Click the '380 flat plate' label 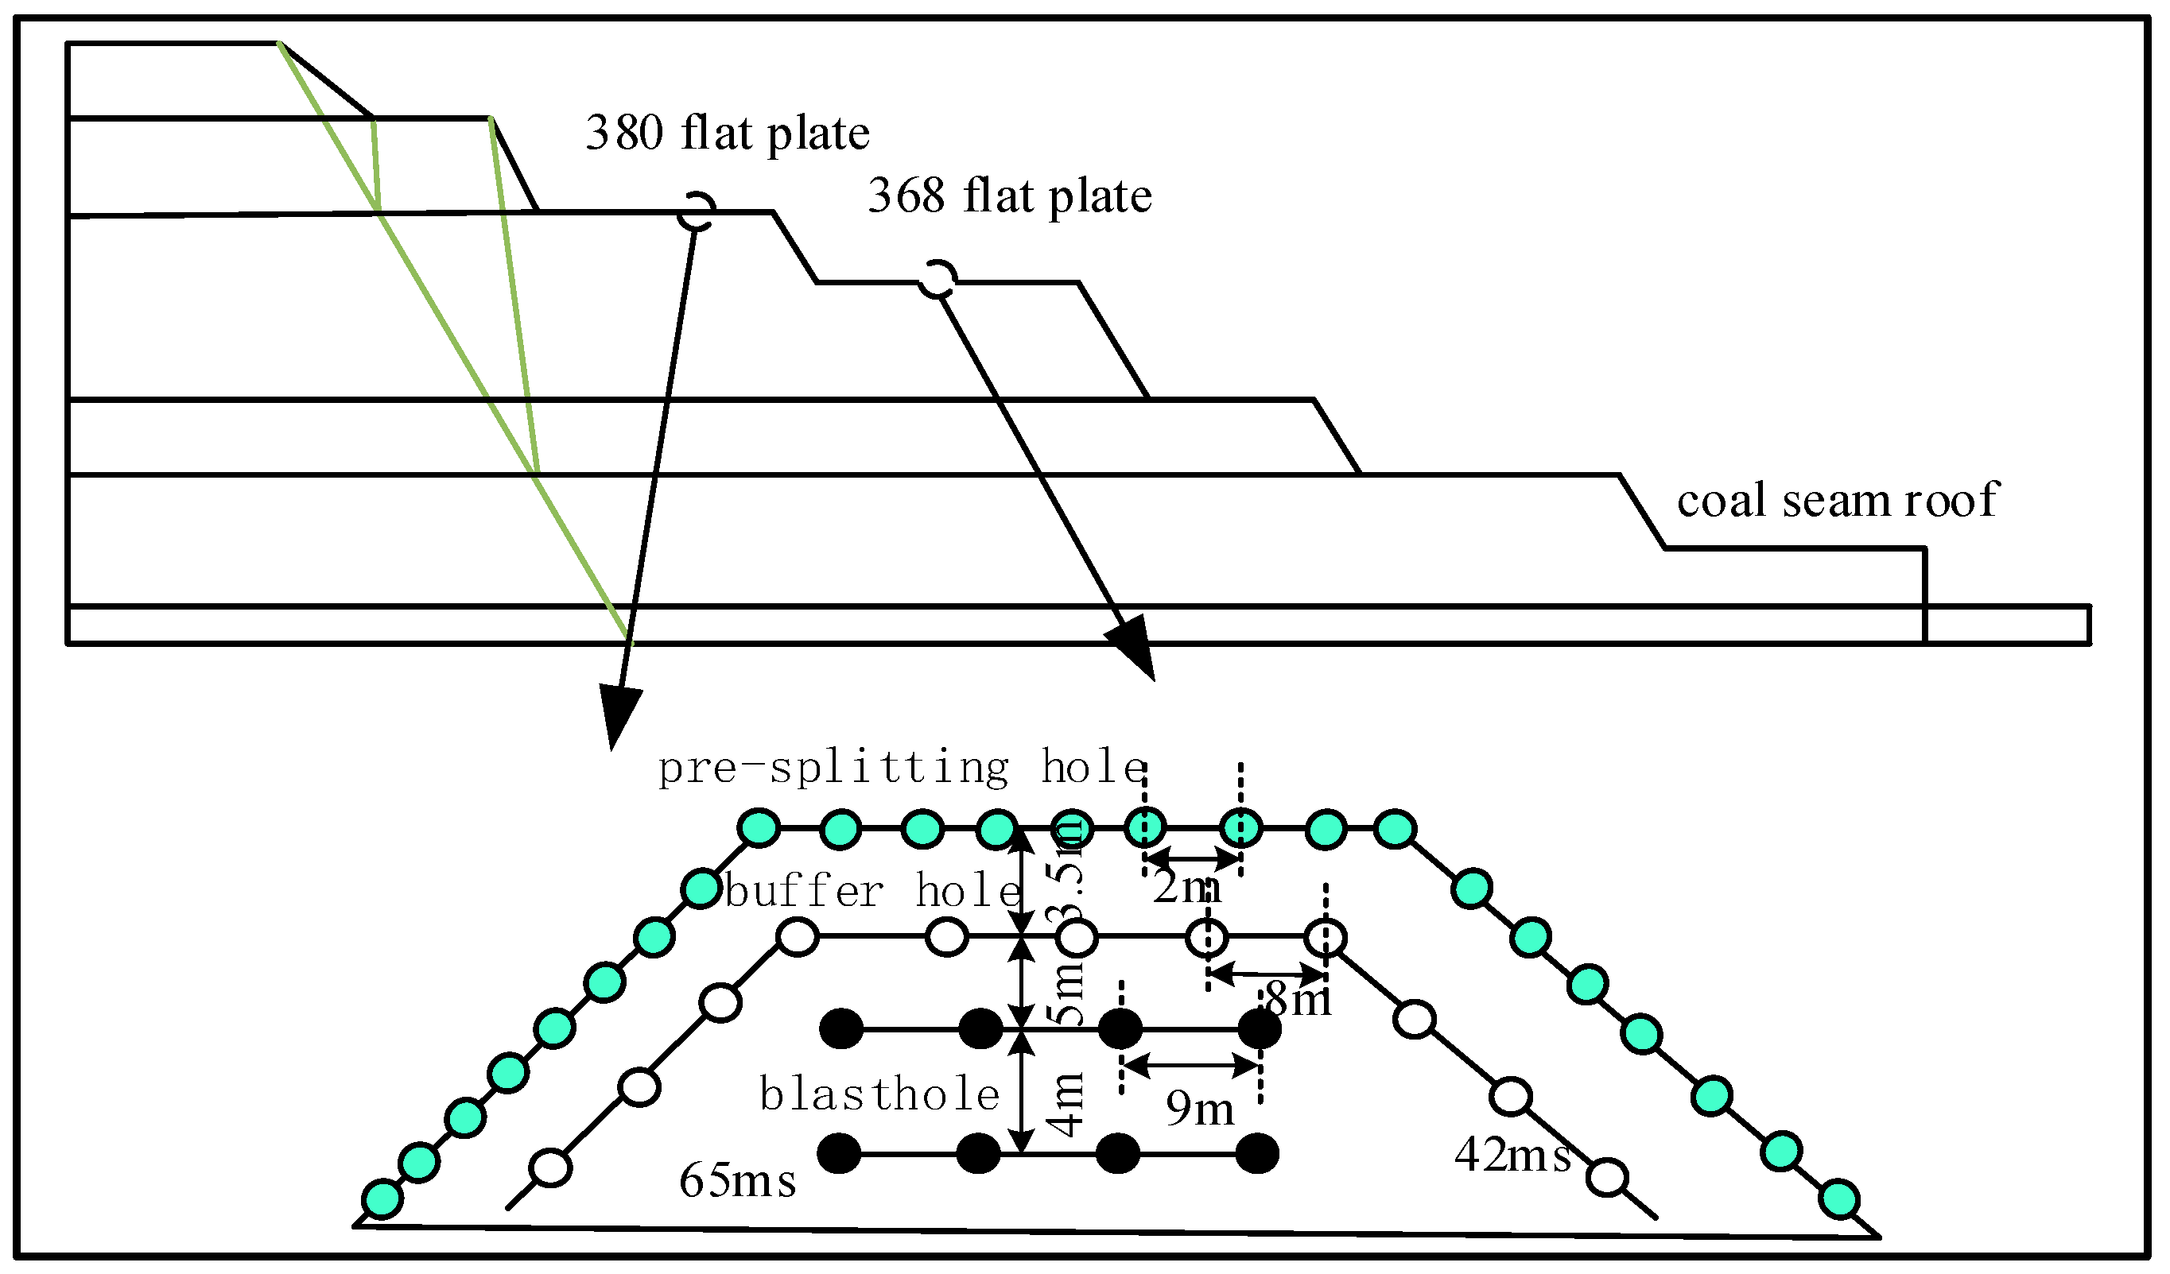(x=728, y=134)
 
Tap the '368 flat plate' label (x=1009, y=196)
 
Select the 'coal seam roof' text (x=1837, y=500)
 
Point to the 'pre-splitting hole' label (x=902, y=768)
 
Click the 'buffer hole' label (x=872, y=891)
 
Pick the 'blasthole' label (x=879, y=1096)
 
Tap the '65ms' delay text (x=737, y=1181)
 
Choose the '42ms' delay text (x=1513, y=1156)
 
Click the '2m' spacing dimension (x=1186, y=888)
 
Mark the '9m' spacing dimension (x=1201, y=1109)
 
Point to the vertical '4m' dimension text (x=1069, y=1107)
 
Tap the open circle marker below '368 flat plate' (x=937, y=279)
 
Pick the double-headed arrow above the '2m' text (x=1193, y=858)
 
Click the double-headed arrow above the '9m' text (x=1193, y=1067)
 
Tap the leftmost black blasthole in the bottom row (x=839, y=1154)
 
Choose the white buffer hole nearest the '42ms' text (x=1607, y=1179)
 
